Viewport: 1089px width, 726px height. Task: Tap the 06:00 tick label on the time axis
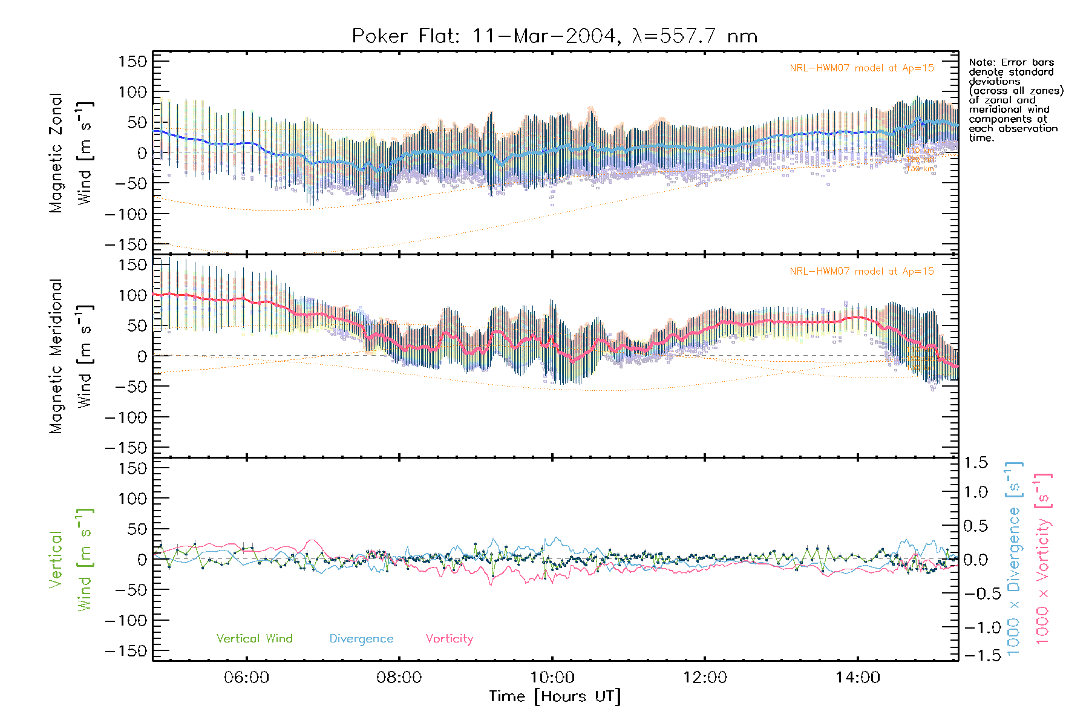246,677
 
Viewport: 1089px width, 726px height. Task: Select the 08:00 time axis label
399,677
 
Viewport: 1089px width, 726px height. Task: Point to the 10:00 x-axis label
552,677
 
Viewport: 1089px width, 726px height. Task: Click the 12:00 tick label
705,677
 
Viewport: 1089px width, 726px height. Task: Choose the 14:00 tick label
857,677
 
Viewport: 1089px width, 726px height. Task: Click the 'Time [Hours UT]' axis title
554,696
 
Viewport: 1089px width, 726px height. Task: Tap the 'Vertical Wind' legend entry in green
254,638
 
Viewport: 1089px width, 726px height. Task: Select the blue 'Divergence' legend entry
361,638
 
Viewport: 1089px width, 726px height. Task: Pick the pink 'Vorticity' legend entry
449,638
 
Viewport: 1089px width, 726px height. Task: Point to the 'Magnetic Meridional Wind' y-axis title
71,356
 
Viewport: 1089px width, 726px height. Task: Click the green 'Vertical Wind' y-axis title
71,560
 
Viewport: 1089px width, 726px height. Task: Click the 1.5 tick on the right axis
975,463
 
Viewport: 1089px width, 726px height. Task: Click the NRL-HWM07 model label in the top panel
862,68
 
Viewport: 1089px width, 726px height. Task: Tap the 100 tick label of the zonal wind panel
132,92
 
